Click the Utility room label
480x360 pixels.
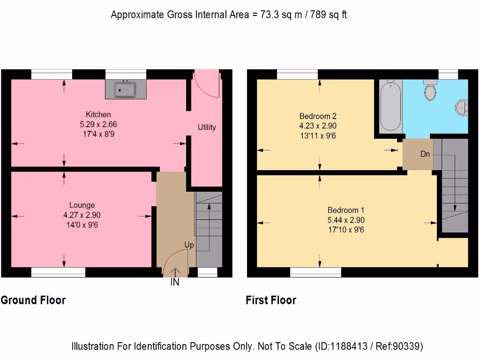click(x=207, y=127)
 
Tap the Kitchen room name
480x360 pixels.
click(x=98, y=114)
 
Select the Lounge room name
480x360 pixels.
click(x=82, y=205)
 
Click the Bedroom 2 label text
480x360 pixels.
click(x=318, y=116)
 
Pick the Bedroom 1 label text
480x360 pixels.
click(x=346, y=210)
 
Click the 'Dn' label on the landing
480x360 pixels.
click(x=425, y=153)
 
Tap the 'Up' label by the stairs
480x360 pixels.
click(x=189, y=245)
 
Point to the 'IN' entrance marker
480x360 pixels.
click(x=175, y=283)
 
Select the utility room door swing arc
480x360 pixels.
click(x=207, y=84)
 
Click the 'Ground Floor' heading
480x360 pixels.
click(x=33, y=300)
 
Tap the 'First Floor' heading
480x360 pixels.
click(x=271, y=300)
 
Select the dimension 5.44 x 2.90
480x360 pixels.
click(x=346, y=220)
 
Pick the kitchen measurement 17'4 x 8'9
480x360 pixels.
click(x=98, y=134)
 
